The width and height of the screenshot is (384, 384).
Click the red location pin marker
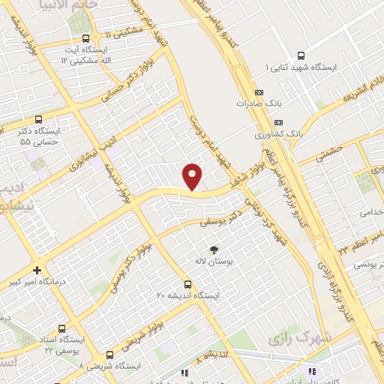click(x=193, y=176)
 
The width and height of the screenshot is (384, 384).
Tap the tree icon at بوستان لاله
click(x=215, y=249)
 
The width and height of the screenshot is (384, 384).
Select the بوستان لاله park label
click(x=215, y=262)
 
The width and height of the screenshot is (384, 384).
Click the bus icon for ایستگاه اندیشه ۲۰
click(x=187, y=284)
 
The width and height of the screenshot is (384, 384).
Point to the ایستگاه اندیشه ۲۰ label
click(x=187, y=296)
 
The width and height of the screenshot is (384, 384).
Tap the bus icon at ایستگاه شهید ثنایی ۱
click(x=301, y=55)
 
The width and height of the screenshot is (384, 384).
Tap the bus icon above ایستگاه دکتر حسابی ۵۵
click(x=38, y=118)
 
